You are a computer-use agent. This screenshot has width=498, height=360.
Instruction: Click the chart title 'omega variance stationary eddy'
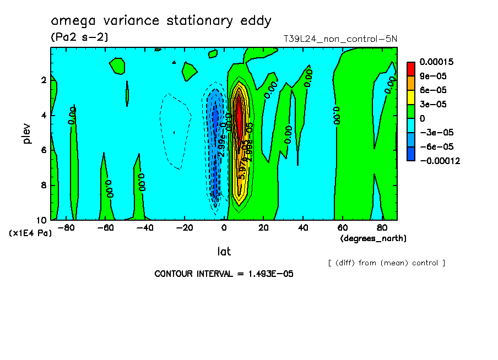(x=161, y=21)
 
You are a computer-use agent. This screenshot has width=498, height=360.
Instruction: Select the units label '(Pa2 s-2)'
(x=79, y=37)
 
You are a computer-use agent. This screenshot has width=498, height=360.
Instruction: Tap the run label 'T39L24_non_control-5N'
(x=340, y=39)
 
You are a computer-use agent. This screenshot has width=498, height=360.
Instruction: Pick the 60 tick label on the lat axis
(x=342, y=227)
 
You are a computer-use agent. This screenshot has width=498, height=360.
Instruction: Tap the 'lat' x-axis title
(x=224, y=252)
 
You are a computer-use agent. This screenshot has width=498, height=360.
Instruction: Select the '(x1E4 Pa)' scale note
(x=30, y=233)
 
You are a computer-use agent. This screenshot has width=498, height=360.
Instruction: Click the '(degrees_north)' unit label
(x=373, y=238)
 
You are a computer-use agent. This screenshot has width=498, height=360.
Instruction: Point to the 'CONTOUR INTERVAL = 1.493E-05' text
(x=224, y=274)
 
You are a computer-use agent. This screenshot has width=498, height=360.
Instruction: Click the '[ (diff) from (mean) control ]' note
(x=386, y=263)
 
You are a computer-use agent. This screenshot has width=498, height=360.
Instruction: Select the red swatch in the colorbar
(x=411, y=68)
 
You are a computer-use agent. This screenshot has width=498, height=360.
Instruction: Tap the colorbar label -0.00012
(x=439, y=161)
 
